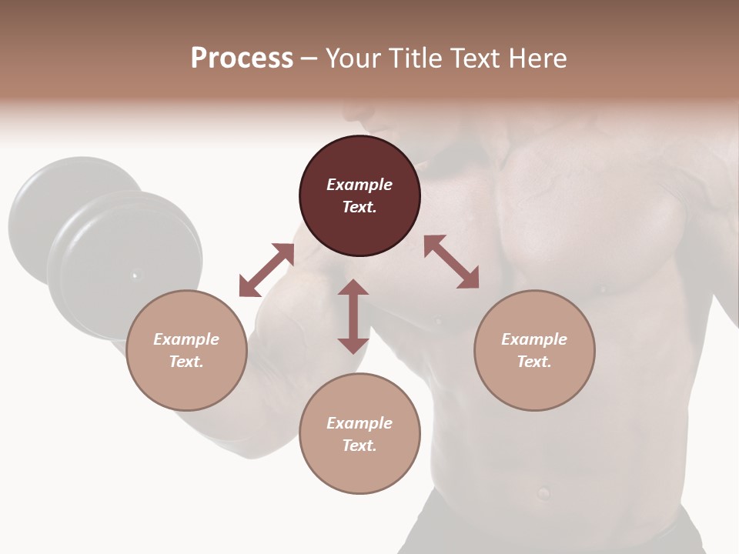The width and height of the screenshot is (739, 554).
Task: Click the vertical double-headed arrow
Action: click(353, 316)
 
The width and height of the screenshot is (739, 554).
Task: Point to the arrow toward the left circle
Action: click(266, 270)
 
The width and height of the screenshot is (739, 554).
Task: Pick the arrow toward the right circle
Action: click(451, 262)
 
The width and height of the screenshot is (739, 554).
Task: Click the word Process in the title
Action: click(242, 58)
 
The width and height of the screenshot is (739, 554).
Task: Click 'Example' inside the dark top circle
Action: click(359, 185)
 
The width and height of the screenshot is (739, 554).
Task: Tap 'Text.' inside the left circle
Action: click(186, 362)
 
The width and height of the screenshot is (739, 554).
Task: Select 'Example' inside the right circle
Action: click(534, 339)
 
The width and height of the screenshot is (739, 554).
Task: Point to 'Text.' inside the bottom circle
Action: click(359, 446)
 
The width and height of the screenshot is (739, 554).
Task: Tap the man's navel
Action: click(543, 492)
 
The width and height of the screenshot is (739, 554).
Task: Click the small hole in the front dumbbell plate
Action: click(135, 275)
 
